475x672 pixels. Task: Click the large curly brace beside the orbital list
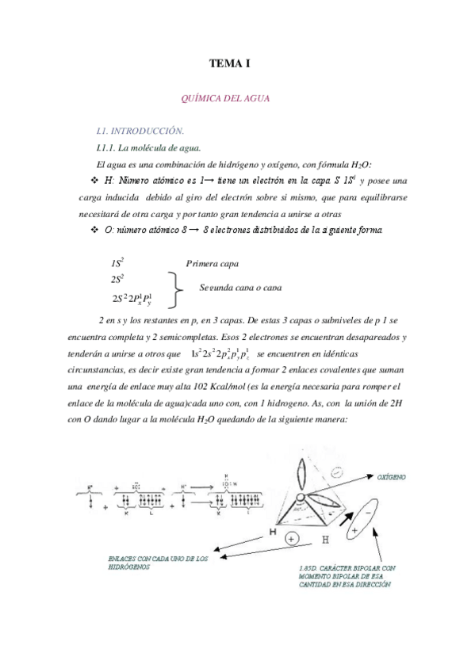[x=178, y=290]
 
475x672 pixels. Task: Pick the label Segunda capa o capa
[x=240, y=288]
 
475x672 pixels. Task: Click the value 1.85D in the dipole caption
[x=301, y=569]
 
